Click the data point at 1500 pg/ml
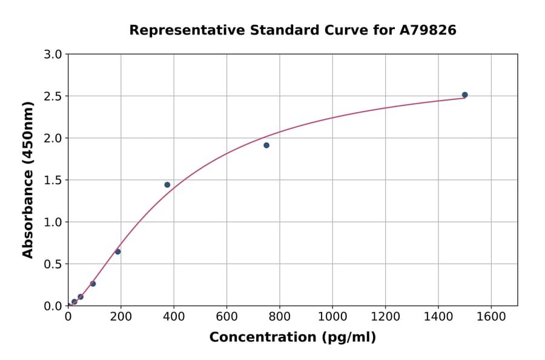click(464, 95)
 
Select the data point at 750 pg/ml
click(266, 145)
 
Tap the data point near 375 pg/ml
click(167, 185)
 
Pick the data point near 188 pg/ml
click(117, 252)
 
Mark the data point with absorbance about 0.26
click(93, 284)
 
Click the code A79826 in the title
click(429, 30)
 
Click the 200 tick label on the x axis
click(121, 316)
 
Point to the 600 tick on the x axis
click(226, 316)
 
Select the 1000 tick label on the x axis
click(332, 316)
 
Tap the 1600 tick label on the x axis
click(491, 316)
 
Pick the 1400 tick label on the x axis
click(438, 316)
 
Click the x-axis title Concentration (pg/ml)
click(292, 338)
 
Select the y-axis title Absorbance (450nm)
click(28, 180)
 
